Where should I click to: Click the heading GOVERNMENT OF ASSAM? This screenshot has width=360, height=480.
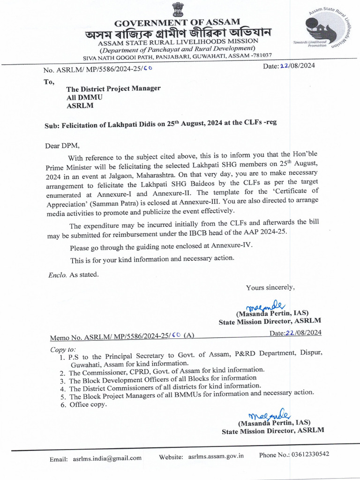click(177, 22)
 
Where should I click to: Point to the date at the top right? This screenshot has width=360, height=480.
click(289, 66)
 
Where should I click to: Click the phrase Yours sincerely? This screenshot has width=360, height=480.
click(270, 287)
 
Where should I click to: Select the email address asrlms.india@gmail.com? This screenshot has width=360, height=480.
click(107, 458)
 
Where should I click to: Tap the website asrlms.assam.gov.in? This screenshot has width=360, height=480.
click(216, 456)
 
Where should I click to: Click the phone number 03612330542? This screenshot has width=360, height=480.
click(310, 454)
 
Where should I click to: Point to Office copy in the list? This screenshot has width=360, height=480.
click(88, 405)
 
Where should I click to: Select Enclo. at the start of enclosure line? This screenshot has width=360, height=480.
click(58, 275)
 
